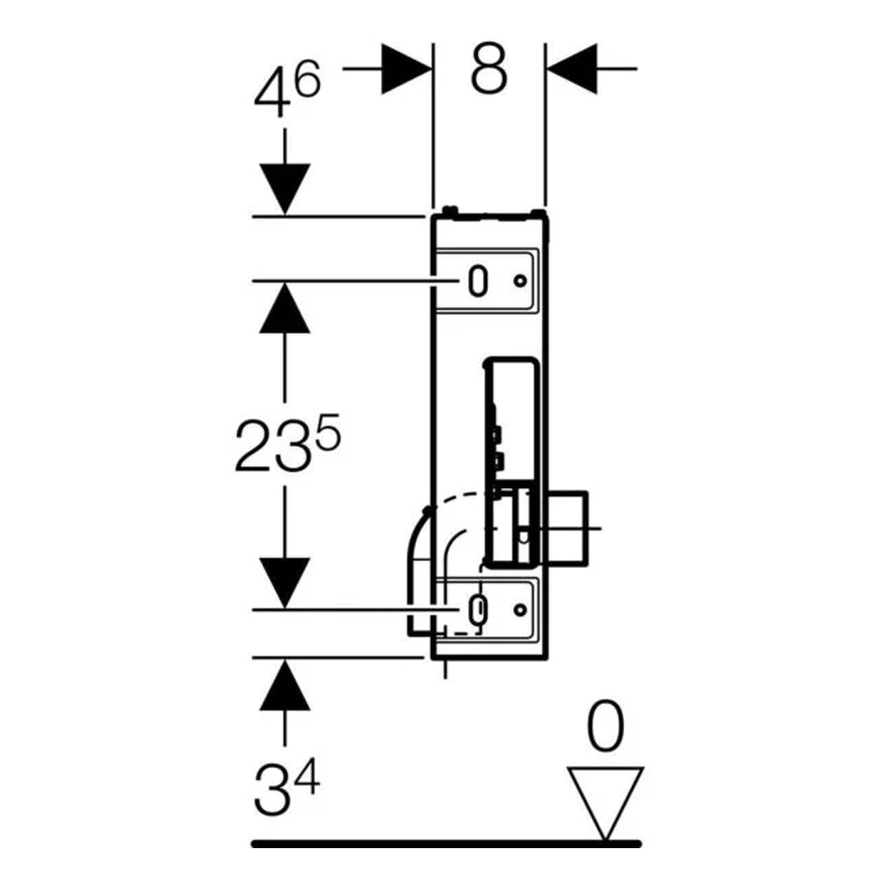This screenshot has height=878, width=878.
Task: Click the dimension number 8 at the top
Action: (489, 68)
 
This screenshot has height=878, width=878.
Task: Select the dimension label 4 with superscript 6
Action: (287, 89)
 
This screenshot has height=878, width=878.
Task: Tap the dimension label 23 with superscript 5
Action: (287, 443)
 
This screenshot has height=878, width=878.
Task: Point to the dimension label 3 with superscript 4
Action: (286, 786)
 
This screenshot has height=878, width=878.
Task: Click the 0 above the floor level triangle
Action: (605, 727)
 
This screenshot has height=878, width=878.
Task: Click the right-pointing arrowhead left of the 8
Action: (407, 68)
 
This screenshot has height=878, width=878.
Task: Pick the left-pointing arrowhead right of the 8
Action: (572, 68)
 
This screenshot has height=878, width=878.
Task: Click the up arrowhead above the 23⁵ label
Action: (284, 308)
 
